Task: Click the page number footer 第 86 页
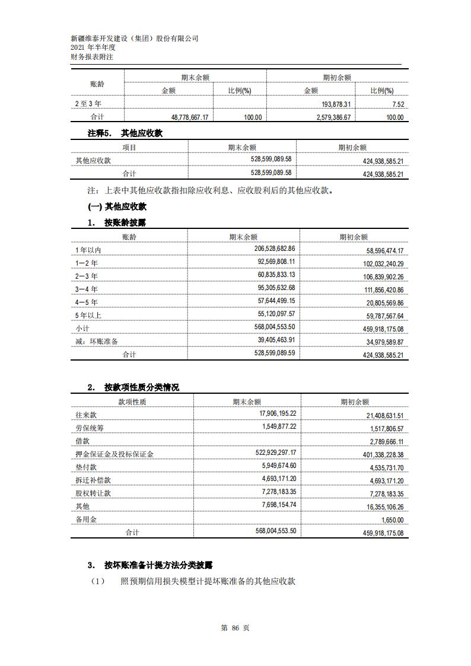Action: [235, 628]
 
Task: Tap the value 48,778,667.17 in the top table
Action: [184, 117]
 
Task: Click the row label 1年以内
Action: [88, 250]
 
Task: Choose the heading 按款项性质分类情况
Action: [141, 387]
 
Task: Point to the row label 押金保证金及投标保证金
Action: [114, 454]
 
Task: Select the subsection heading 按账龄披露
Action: [125, 223]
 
